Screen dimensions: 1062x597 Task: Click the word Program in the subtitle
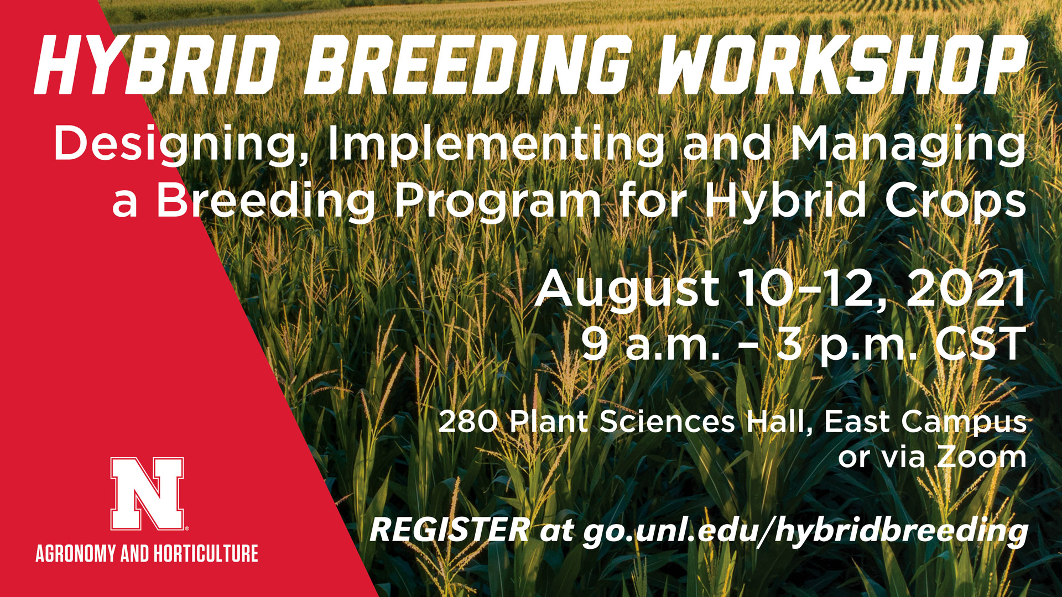click(x=497, y=202)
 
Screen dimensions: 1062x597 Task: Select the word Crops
click(x=955, y=202)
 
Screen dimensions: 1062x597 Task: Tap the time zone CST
click(x=980, y=343)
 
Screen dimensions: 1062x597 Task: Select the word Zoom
click(x=982, y=457)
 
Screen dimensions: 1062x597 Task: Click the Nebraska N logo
click(x=147, y=494)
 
